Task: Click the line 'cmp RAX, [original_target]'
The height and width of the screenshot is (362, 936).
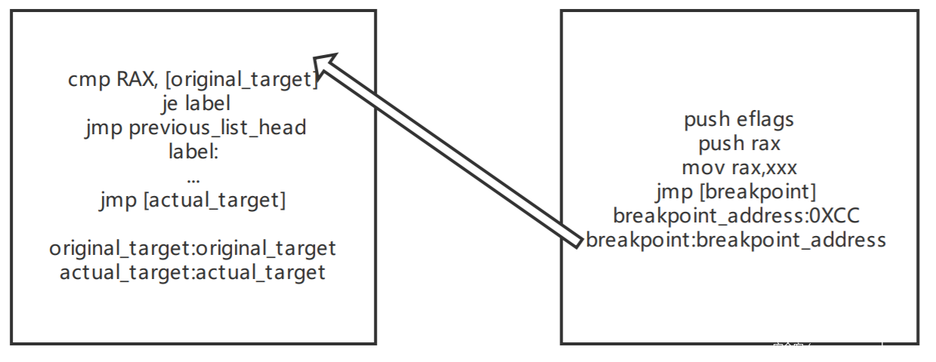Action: coord(193,79)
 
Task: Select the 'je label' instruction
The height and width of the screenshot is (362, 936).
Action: coord(195,103)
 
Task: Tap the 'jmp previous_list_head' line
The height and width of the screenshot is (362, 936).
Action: coord(195,127)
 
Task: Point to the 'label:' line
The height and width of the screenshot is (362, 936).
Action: coord(193,152)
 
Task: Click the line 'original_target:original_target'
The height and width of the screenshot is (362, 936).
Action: coord(193,248)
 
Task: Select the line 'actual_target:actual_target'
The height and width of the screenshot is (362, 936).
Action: coord(193,272)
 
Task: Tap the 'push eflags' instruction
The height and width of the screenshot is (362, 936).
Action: coord(739,119)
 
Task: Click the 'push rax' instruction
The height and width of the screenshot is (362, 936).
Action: coord(739,143)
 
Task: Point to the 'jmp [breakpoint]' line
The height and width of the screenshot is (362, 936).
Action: coord(737,192)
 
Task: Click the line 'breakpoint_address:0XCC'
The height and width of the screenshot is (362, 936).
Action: coord(737,216)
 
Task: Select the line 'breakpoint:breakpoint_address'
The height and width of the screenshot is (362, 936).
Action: coord(736,241)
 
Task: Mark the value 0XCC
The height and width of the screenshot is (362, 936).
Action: coord(835,216)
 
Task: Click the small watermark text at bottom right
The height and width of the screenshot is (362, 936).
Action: coord(827,346)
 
